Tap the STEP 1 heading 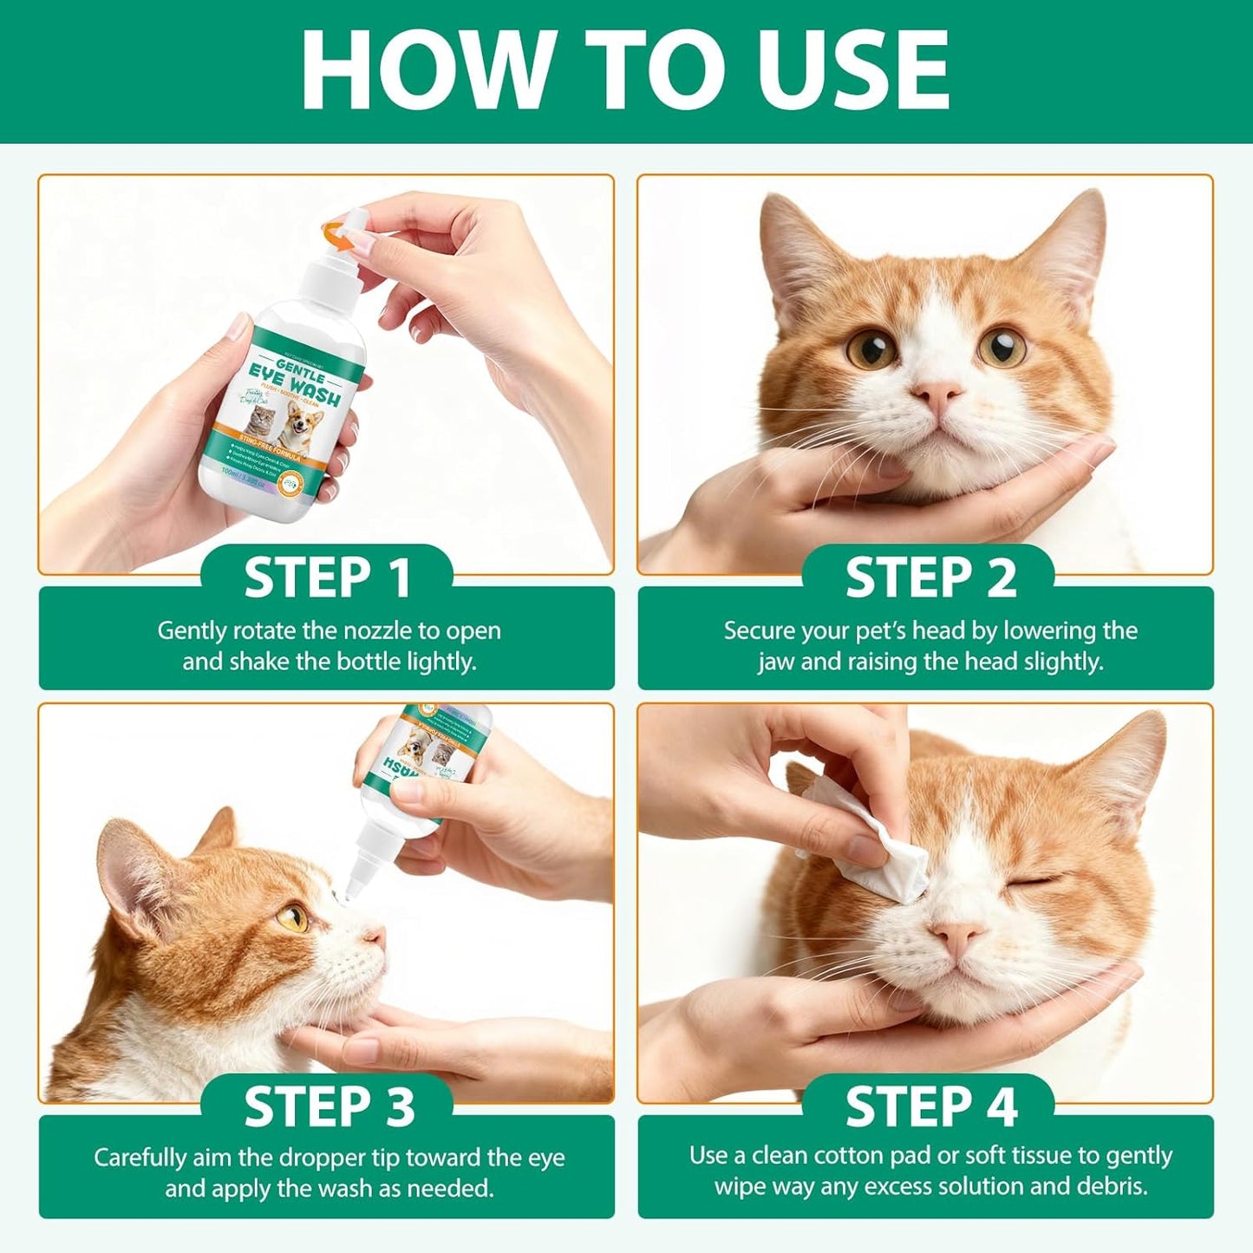(x=327, y=578)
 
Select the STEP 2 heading (x=930, y=578)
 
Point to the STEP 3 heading (x=329, y=1107)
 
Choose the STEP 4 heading (x=930, y=1107)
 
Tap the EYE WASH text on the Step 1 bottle (x=295, y=386)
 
